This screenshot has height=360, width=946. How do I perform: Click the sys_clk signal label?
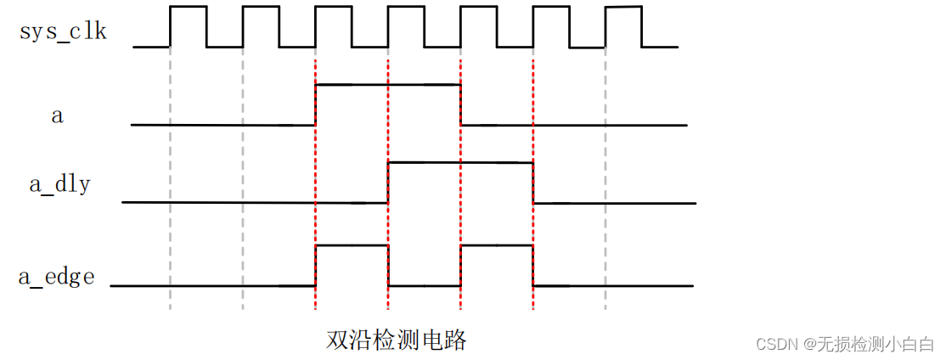pos(64,32)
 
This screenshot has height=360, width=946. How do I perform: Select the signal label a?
pos(58,116)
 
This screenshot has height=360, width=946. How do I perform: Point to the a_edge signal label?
pos(57,276)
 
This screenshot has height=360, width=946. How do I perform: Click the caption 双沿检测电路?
pos(397,341)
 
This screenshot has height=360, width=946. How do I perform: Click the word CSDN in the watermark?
pos(773,344)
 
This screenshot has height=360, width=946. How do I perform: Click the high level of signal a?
pos(387,85)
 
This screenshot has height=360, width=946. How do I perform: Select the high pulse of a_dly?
pos(460,162)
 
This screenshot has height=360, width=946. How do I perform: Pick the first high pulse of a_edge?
pos(352,245)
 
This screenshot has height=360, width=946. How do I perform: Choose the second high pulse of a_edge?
pos(497,245)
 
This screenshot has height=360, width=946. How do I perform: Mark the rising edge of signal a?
pos(315,104)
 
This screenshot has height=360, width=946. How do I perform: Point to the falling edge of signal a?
pos(461,104)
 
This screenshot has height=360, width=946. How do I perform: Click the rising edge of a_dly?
pos(388,182)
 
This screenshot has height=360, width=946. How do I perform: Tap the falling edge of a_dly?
pos(533,182)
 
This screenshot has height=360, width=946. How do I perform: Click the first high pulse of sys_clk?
pos(188,8)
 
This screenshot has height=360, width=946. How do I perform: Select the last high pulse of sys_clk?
pos(623,8)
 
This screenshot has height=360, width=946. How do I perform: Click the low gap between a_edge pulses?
pos(425,285)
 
